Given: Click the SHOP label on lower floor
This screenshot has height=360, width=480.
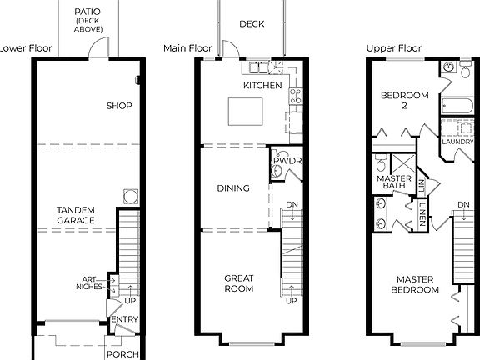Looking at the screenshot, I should [x=120, y=106].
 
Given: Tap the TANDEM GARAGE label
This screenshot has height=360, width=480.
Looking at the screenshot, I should [x=75, y=214].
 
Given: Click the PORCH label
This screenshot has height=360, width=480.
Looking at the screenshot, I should [x=120, y=353].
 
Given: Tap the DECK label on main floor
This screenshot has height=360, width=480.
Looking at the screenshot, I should [x=251, y=24].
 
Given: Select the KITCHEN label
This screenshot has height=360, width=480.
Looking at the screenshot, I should [x=262, y=86].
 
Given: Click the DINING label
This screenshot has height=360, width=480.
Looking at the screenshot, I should [x=233, y=188].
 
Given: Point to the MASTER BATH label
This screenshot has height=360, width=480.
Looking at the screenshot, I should [x=391, y=182].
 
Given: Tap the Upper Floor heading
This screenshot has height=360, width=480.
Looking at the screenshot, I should [x=393, y=49].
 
